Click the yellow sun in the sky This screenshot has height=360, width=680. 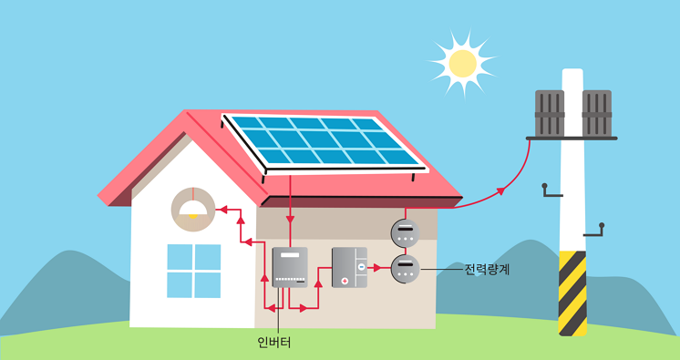462,62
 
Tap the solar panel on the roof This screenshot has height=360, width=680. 324,142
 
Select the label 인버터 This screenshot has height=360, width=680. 273,344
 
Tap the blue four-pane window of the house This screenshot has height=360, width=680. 193,271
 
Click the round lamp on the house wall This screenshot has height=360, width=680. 192,209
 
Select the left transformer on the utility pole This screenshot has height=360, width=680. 550,113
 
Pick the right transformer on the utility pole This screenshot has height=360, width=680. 596,113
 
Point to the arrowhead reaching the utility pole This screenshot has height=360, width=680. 501,190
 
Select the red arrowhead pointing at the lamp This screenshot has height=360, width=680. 219,209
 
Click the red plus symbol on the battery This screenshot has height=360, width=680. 345,281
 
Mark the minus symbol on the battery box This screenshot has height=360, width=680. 361,267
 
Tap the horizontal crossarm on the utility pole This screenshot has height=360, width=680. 572,138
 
